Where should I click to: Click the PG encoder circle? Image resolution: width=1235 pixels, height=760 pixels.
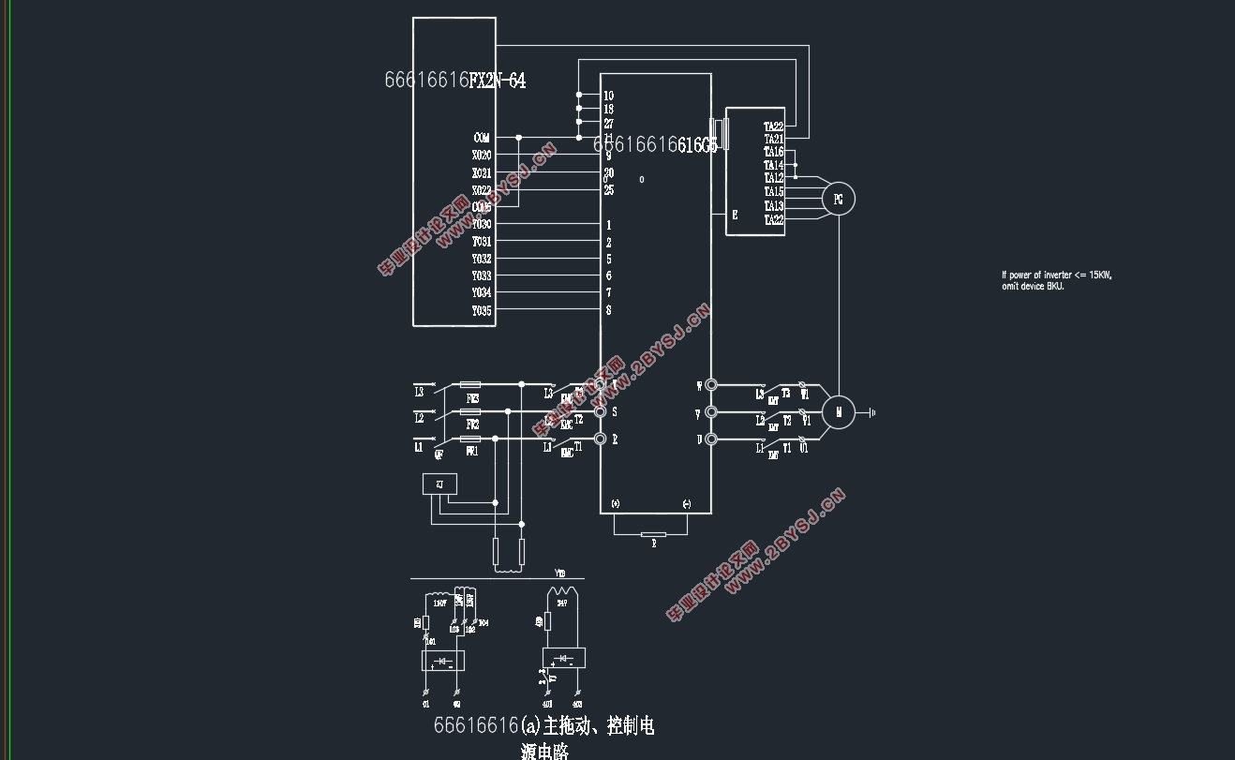(838, 199)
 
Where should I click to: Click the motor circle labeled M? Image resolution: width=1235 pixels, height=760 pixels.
(839, 411)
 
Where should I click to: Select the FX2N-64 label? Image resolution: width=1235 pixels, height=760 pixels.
(497, 81)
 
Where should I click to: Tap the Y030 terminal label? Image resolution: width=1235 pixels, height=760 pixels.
(481, 225)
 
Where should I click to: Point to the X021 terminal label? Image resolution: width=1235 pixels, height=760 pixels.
(481, 173)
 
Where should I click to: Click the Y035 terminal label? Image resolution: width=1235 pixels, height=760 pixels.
(481, 310)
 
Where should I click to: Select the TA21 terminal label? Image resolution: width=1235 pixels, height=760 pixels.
(773, 139)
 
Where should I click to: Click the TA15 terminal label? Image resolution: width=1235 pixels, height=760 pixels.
(773, 192)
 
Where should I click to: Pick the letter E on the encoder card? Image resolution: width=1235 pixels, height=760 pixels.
(735, 215)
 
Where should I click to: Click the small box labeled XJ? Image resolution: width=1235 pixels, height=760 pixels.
(439, 484)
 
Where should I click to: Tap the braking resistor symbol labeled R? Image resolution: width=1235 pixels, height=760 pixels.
(653, 537)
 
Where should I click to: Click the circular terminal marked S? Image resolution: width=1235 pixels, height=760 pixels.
(601, 411)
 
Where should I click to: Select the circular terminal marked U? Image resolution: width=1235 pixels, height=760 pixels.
(711, 439)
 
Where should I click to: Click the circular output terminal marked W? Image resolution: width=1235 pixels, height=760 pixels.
(711, 384)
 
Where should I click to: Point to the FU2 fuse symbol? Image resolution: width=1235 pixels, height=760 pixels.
(471, 411)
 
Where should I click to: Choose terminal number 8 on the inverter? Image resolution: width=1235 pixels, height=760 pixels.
(609, 310)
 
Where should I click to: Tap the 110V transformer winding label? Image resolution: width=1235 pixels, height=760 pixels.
(439, 604)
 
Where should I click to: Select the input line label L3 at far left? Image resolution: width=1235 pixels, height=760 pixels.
(419, 392)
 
